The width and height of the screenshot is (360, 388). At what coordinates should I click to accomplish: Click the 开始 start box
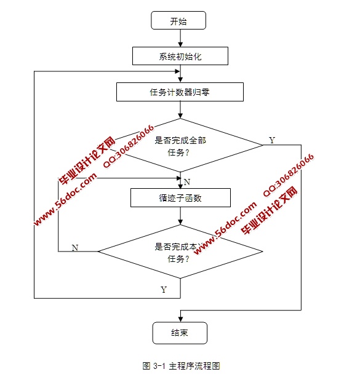coord(178,21)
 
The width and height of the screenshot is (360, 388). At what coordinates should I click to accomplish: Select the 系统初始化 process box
coord(180,57)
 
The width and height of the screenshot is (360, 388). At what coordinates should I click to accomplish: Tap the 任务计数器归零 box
coord(180,92)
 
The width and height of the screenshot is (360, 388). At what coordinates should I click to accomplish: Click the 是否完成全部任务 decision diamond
coord(180,145)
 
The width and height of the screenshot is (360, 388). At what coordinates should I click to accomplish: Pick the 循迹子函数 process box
coord(180,198)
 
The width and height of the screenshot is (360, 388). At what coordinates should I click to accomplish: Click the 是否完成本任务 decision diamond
coord(180,251)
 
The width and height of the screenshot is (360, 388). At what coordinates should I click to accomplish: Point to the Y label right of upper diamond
coord(272,140)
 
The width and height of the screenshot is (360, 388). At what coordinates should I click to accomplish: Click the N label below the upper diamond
coord(186,182)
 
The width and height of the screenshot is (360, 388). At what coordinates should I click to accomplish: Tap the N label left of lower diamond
coord(75,247)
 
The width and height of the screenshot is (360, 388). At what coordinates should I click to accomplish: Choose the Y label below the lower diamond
coord(164,289)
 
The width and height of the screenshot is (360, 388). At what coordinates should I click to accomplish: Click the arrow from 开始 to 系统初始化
coord(180,38)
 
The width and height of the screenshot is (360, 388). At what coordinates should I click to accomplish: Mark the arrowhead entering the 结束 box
coord(180,319)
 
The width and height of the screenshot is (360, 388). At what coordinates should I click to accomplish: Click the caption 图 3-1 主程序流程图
coord(180,366)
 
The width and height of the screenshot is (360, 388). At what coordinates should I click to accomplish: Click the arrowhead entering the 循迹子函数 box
coord(180,186)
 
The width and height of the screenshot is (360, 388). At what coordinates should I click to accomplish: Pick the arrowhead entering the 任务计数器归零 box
coord(180,80)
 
